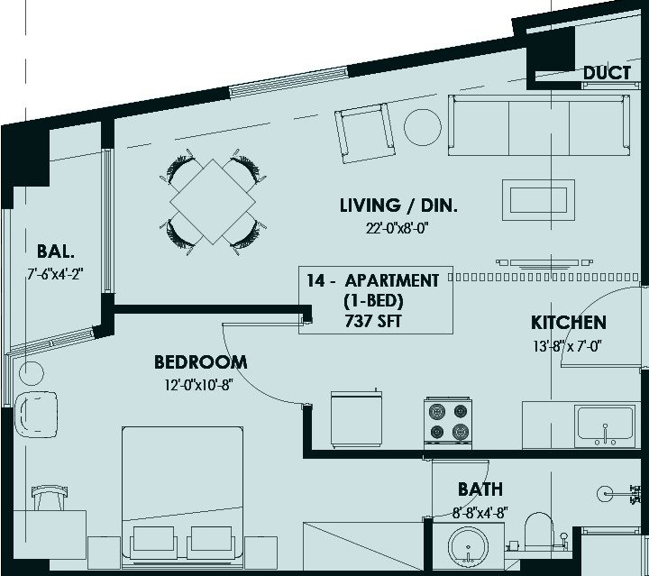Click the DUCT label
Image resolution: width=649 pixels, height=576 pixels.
click(607, 73)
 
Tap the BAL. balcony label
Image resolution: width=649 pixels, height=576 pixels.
click(56, 251)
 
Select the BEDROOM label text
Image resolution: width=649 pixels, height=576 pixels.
click(201, 362)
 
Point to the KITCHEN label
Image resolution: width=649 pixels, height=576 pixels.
click(569, 323)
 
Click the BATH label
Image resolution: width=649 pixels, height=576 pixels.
click(480, 489)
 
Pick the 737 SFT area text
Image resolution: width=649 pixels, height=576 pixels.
click(373, 321)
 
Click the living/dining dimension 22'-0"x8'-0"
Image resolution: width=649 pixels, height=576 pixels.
click(397, 228)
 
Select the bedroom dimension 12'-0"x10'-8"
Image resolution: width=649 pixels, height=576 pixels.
click(199, 385)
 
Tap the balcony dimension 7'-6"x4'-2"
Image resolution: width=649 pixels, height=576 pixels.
click(56, 274)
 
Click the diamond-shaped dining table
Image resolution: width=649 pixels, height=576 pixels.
click(213, 202)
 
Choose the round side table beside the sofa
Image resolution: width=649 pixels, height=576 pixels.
click(423, 127)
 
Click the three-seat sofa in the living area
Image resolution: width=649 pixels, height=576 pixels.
click(539, 125)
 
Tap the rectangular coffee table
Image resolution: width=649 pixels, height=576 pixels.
click(538, 200)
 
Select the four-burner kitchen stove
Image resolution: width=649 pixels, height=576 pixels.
click(448, 423)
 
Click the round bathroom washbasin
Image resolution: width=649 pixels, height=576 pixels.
click(468, 546)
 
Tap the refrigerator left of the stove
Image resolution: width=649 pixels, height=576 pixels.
click(356, 419)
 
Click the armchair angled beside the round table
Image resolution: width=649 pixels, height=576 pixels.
click(365, 133)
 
